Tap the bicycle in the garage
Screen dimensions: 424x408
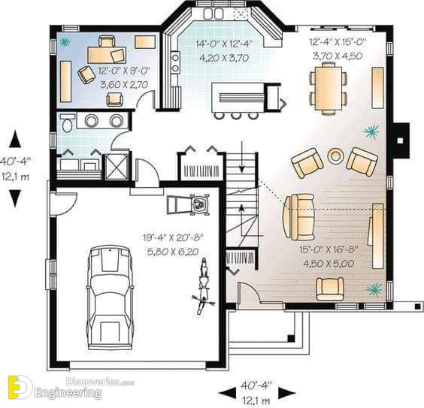(203, 286)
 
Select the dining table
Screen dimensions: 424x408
(328, 88)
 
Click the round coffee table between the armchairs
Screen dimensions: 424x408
(335, 156)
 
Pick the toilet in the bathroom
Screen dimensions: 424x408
(67, 123)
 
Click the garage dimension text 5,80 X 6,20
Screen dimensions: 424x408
(173, 252)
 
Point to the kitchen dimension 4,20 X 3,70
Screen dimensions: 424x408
(224, 58)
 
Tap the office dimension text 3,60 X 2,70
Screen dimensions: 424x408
(125, 85)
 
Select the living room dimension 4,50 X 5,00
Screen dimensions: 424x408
(329, 263)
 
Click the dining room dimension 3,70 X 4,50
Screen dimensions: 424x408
(338, 56)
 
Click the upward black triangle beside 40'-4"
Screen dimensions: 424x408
(15, 139)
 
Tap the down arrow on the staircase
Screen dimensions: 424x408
(242, 156)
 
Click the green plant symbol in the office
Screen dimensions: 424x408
(65, 42)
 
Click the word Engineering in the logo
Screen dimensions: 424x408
(68, 392)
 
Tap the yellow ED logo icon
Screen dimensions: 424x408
(20, 387)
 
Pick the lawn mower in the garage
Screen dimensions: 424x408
(189, 204)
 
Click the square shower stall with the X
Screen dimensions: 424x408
(117, 167)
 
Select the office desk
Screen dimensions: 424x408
(107, 55)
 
